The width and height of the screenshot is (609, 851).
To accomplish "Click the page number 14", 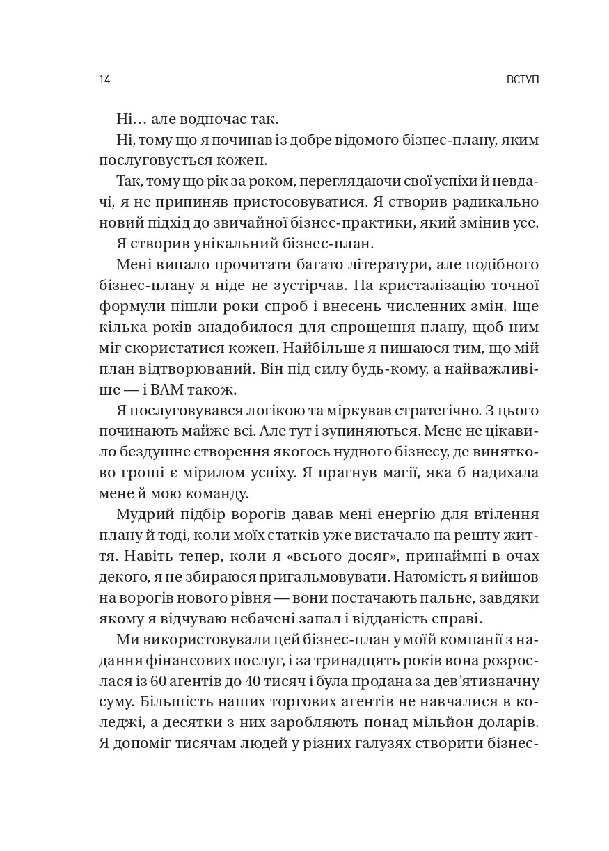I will click(104, 79).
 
